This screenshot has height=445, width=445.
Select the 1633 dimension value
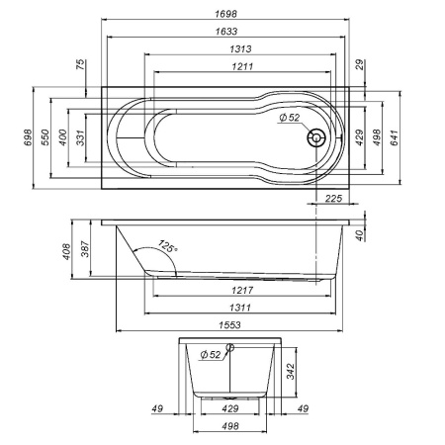pyautogui.click(x=226, y=32)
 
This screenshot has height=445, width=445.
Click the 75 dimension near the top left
pyautogui.click(x=80, y=65)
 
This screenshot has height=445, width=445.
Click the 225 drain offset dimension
pyautogui.click(x=333, y=199)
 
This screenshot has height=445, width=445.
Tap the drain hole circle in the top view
pyautogui.click(x=316, y=138)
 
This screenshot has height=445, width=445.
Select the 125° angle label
pyautogui.click(x=165, y=248)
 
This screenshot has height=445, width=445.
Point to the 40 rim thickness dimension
pyautogui.click(x=359, y=233)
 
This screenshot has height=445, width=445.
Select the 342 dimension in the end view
pyautogui.click(x=292, y=373)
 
